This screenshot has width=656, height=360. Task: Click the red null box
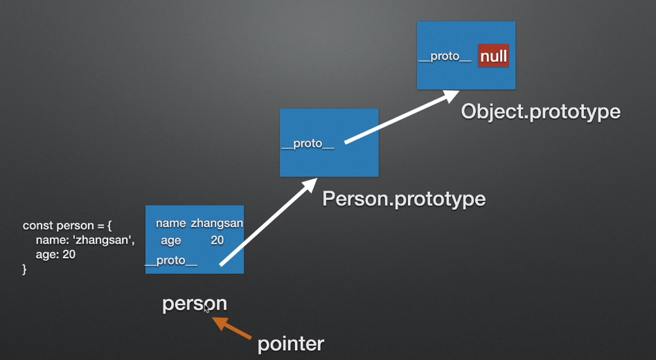click(493, 56)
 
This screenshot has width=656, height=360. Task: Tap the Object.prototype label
click(540, 111)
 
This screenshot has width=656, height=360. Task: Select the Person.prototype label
click(403, 199)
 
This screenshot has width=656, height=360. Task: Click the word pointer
click(290, 343)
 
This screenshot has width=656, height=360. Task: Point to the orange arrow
click(233, 328)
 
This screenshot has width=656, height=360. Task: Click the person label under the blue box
click(194, 304)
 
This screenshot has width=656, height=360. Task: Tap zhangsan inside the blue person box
click(217, 224)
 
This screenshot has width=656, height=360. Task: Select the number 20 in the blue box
click(218, 240)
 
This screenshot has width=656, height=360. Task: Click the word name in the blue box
click(170, 224)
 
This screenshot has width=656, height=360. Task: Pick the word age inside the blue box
click(170, 240)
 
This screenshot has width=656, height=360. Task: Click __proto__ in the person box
click(171, 261)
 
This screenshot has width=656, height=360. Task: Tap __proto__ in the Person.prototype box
click(308, 144)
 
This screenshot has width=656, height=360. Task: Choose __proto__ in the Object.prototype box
click(445, 56)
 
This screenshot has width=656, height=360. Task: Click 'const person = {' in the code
click(67, 226)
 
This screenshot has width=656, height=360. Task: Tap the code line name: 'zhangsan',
click(85, 240)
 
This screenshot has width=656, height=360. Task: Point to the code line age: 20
click(55, 255)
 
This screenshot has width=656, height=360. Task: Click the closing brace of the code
click(25, 269)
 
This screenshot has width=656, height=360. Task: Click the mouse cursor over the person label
click(206, 309)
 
